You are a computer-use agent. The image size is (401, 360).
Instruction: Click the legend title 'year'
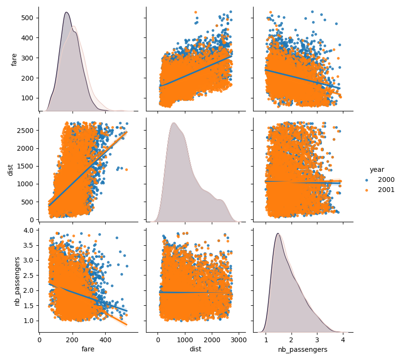377,169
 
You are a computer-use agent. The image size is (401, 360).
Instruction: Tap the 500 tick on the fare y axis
28,18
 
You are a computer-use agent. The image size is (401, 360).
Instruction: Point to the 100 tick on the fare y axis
28,98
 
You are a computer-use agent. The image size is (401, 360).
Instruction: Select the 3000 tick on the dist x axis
239,340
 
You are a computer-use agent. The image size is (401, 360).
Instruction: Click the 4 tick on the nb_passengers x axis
343,340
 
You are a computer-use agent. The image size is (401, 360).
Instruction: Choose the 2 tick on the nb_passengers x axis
292,340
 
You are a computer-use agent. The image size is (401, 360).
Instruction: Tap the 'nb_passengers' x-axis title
303,350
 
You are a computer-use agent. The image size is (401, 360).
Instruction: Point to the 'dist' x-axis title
195,350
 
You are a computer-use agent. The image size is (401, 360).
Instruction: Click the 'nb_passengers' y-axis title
17,281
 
